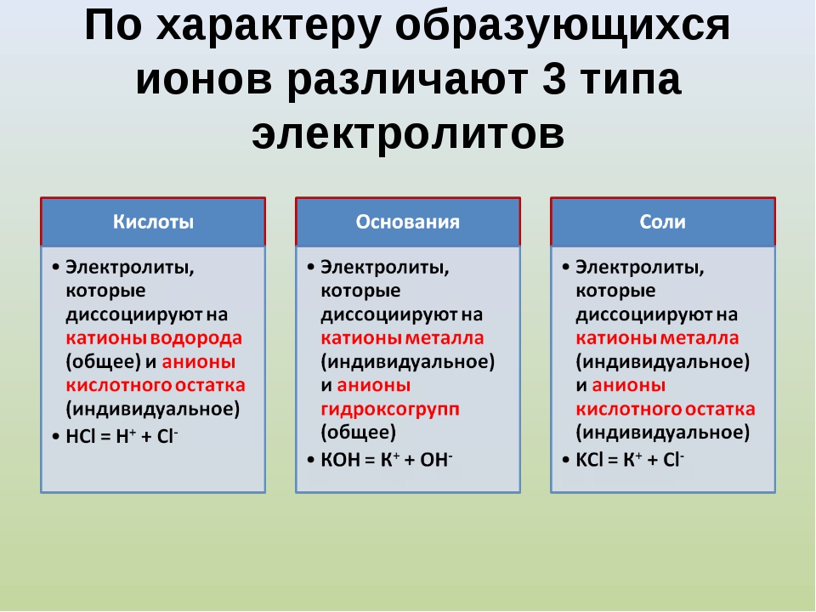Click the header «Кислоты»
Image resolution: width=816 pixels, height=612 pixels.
coord(153,222)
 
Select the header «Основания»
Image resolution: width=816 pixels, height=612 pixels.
coord(407,222)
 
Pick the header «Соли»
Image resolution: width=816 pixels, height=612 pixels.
coord(662,222)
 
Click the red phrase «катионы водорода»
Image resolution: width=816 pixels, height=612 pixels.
coord(154,338)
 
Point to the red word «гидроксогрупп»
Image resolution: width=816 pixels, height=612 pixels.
coord(390,409)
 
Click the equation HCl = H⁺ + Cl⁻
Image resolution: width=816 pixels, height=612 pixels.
coord(122,436)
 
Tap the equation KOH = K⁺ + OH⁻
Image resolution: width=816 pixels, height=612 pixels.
coord(387,460)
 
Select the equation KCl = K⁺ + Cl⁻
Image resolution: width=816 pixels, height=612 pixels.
coord(630,460)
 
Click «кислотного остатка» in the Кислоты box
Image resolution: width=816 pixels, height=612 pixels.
coord(156,386)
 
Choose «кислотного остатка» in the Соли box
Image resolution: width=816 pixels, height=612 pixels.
coord(665,409)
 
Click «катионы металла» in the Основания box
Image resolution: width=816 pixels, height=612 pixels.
coord(402,338)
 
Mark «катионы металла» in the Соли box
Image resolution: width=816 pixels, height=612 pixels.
coord(657,338)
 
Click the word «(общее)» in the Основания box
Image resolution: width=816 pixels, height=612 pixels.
coord(358,433)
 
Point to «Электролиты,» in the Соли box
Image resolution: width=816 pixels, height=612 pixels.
coord(639,268)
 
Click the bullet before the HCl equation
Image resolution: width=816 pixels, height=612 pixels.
coord(56,436)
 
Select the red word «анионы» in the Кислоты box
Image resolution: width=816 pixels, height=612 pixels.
coord(198,362)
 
